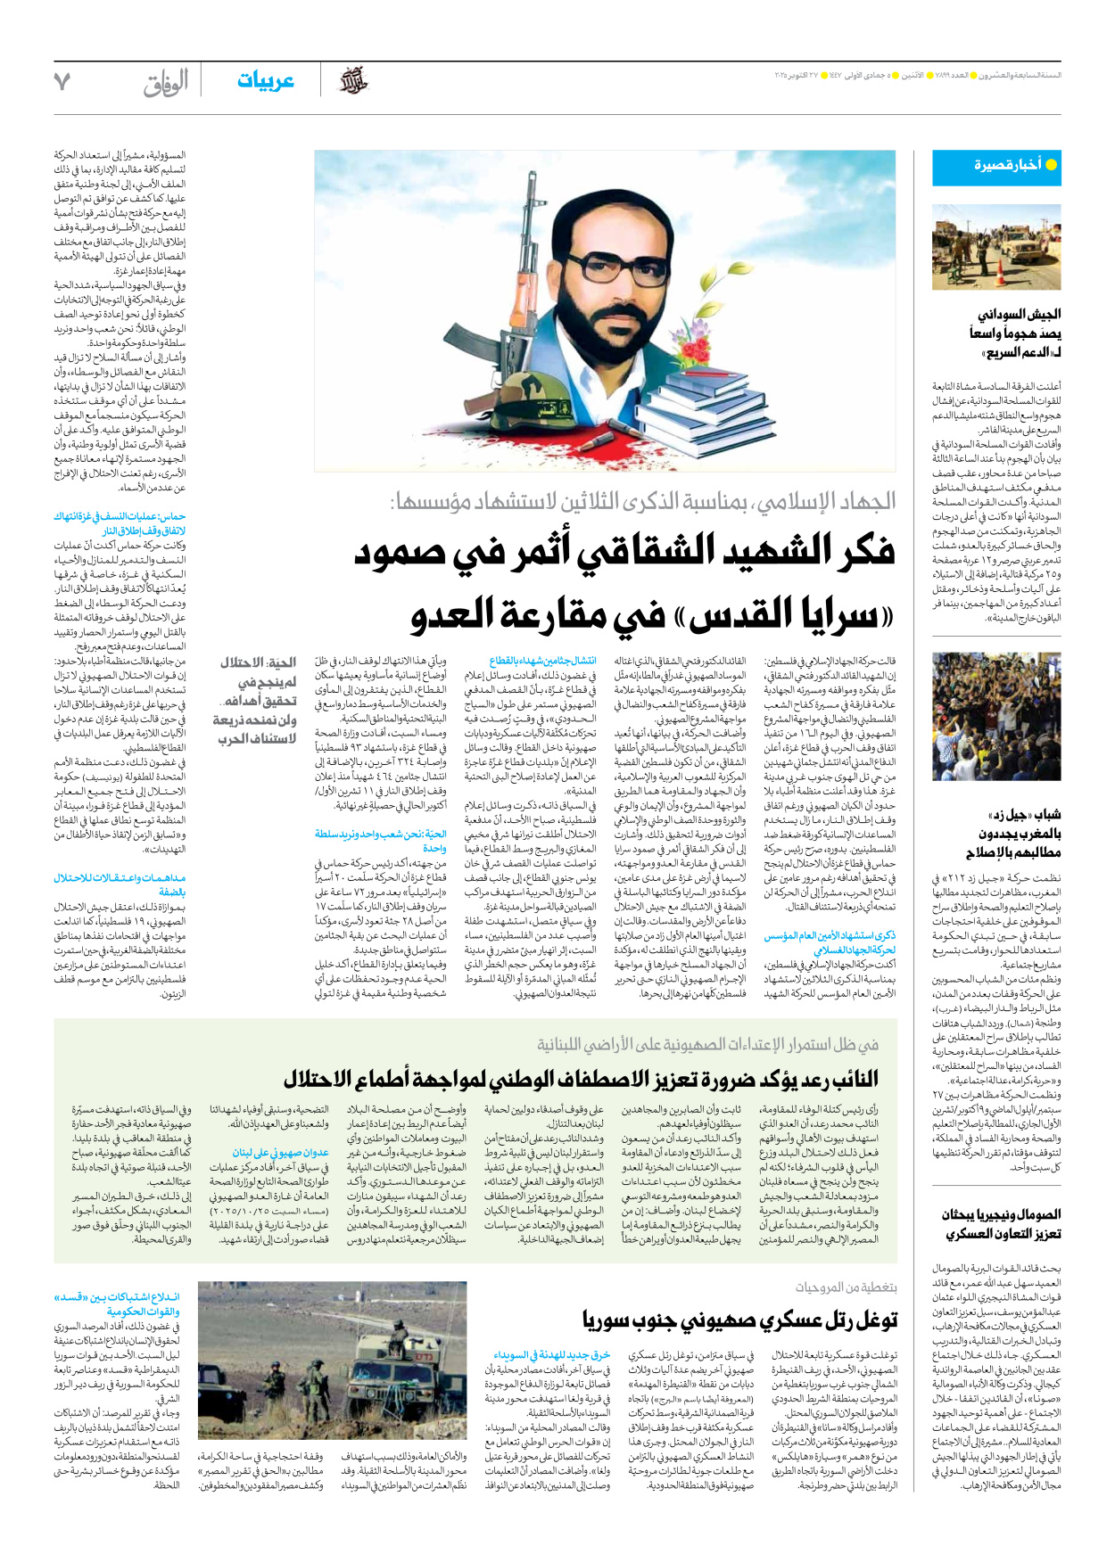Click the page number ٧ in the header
click(62, 82)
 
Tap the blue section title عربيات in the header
click(265, 81)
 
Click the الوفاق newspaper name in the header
click(166, 83)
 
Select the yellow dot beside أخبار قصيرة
click(1051, 165)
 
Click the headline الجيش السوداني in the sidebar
click(1019, 315)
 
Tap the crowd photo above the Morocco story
click(996, 716)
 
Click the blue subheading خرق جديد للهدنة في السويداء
click(550, 1355)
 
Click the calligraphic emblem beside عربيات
click(353, 81)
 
